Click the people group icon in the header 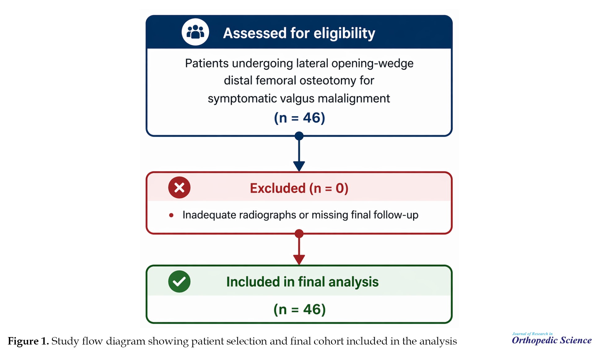tap(195, 32)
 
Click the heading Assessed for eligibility tap(299, 33)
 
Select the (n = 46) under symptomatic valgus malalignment tap(300, 118)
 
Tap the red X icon tap(179, 187)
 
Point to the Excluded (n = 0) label tap(299, 188)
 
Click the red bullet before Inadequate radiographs tap(171, 215)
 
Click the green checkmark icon tap(179, 281)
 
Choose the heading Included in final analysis tap(302, 282)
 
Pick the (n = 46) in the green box tap(300, 309)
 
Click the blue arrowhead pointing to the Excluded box tap(299, 166)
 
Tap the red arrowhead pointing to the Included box tap(299, 260)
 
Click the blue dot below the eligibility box tap(299, 136)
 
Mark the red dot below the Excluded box tap(299, 233)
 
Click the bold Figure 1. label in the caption tap(28, 341)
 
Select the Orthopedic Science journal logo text tap(552, 340)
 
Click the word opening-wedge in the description tap(372, 64)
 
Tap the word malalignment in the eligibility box tap(354, 99)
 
